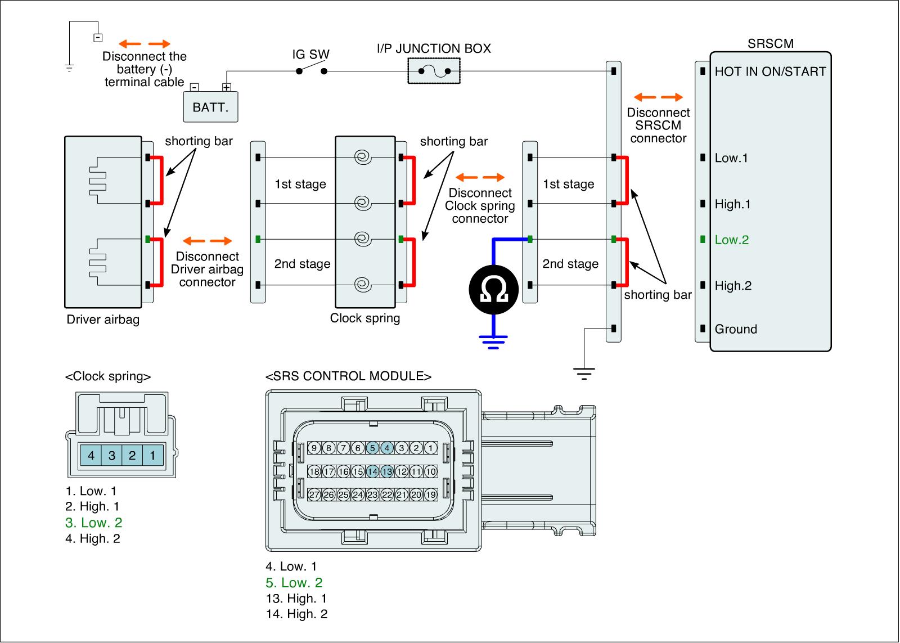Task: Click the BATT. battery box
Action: (210, 107)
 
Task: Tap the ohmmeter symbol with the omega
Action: (493, 289)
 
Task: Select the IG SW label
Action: (310, 55)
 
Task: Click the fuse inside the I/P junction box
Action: (434, 71)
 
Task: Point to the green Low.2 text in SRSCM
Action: (732, 240)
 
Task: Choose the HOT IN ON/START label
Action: (770, 71)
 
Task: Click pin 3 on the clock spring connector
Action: (112, 455)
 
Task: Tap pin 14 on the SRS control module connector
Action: (372, 471)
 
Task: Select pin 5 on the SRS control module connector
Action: (372, 448)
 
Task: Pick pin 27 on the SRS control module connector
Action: (314, 495)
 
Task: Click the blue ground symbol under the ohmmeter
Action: (493, 341)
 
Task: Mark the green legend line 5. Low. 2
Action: (294, 583)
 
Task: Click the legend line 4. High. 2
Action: (93, 538)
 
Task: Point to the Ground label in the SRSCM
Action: (736, 329)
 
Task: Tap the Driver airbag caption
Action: (103, 320)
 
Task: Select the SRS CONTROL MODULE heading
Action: (348, 376)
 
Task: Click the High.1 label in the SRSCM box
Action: (733, 204)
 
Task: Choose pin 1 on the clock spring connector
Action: (152, 455)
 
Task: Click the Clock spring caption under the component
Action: (365, 318)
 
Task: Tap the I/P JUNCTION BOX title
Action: (434, 48)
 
